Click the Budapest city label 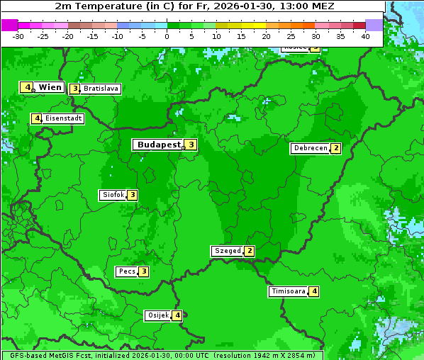click(159, 145)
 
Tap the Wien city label click(50, 87)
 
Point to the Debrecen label click(310, 149)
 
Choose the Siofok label click(113, 195)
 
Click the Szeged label click(227, 251)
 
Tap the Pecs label click(127, 271)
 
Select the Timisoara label click(288, 291)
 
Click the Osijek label click(157, 315)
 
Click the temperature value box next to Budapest click(191, 145)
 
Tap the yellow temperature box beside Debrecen click(336, 149)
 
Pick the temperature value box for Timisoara click(314, 291)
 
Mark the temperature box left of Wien click(27, 87)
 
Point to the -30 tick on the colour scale click(18, 36)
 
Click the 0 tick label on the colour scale click(167, 36)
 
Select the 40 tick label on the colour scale click(365, 36)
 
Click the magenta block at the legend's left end click(9, 25)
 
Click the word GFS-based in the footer click(28, 355)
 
